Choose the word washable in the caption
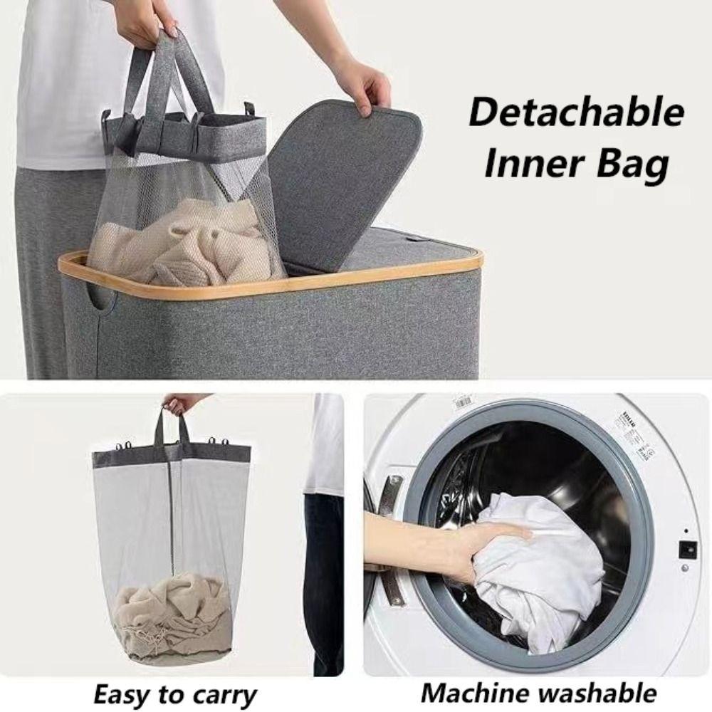tap(597, 692)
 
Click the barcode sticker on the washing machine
tap(463, 403)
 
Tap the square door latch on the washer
tap(686, 550)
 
